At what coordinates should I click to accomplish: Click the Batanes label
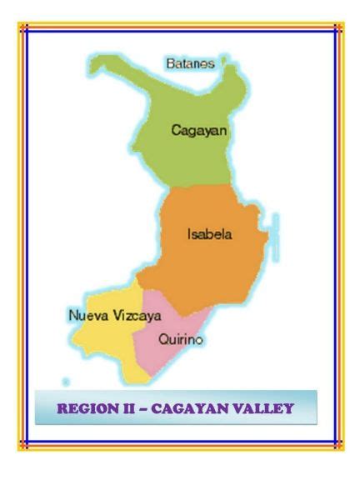190,63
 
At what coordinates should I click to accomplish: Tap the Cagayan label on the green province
199,130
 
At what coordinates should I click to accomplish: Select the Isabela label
209,234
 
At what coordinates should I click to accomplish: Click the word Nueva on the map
87,316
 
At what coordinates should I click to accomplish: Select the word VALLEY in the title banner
264,408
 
